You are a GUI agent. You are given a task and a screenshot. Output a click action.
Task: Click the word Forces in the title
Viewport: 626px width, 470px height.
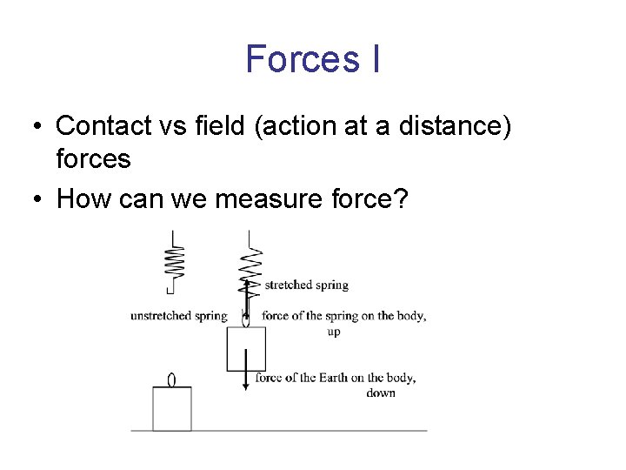pyautogui.click(x=291, y=59)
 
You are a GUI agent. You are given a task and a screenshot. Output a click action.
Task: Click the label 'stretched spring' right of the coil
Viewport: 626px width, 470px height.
pyautogui.click(x=306, y=285)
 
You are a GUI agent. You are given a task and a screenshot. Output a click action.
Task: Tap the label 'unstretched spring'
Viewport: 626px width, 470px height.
pyautogui.click(x=178, y=316)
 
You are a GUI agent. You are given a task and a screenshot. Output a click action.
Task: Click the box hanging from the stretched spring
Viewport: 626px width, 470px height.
pyautogui.click(x=246, y=349)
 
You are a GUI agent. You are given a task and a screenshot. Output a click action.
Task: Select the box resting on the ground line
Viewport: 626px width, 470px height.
pyautogui.click(x=172, y=409)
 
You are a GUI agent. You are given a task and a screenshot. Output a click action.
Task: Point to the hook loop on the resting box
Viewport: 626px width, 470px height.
pyautogui.click(x=171, y=379)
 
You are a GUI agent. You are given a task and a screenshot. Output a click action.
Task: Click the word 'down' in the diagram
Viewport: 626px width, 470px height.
pyautogui.click(x=381, y=393)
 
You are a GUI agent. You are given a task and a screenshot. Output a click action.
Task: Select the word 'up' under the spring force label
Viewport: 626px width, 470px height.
pyautogui.click(x=334, y=332)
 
